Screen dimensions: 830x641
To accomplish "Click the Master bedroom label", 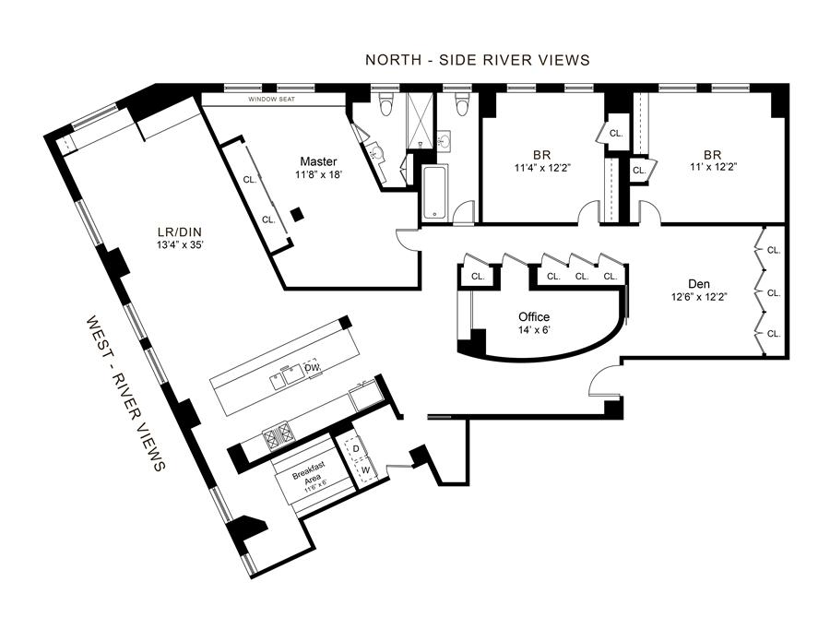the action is click(x=318, y=161).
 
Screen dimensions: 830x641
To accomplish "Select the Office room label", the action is click(x=534, y=316).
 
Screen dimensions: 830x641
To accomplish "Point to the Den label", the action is click(x=699, y=284).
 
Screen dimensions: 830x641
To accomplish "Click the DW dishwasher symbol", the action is click(x=313, y=368).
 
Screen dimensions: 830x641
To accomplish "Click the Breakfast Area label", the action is click(x=309, y=471).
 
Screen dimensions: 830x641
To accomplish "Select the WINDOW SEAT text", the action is click(x=271, y=99).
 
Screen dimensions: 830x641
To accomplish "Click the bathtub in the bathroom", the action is click(x=435, y=192).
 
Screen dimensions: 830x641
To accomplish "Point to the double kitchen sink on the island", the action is click(x=287, y=376).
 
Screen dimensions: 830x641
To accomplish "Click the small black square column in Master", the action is click(x=298, y=213).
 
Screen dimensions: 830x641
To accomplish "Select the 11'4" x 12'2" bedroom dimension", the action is click(x=542, y=169).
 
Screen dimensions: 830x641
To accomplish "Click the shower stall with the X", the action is click(x=420, y=121).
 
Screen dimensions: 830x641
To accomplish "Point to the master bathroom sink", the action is click(x=376, y=153).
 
